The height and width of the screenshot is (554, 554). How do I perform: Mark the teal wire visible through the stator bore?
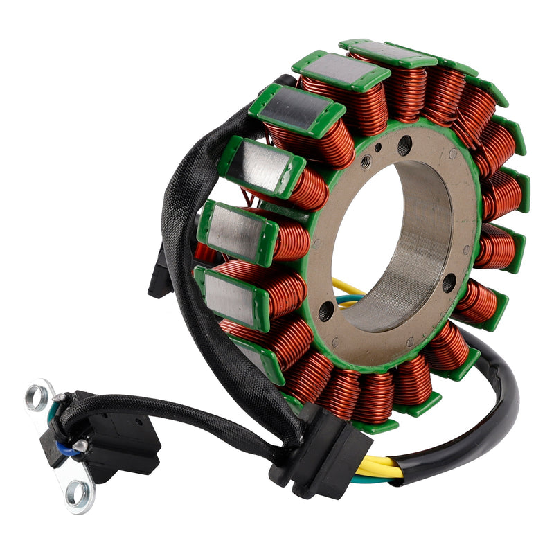(350, 299)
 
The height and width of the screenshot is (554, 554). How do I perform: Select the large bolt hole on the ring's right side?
(449, 282)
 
